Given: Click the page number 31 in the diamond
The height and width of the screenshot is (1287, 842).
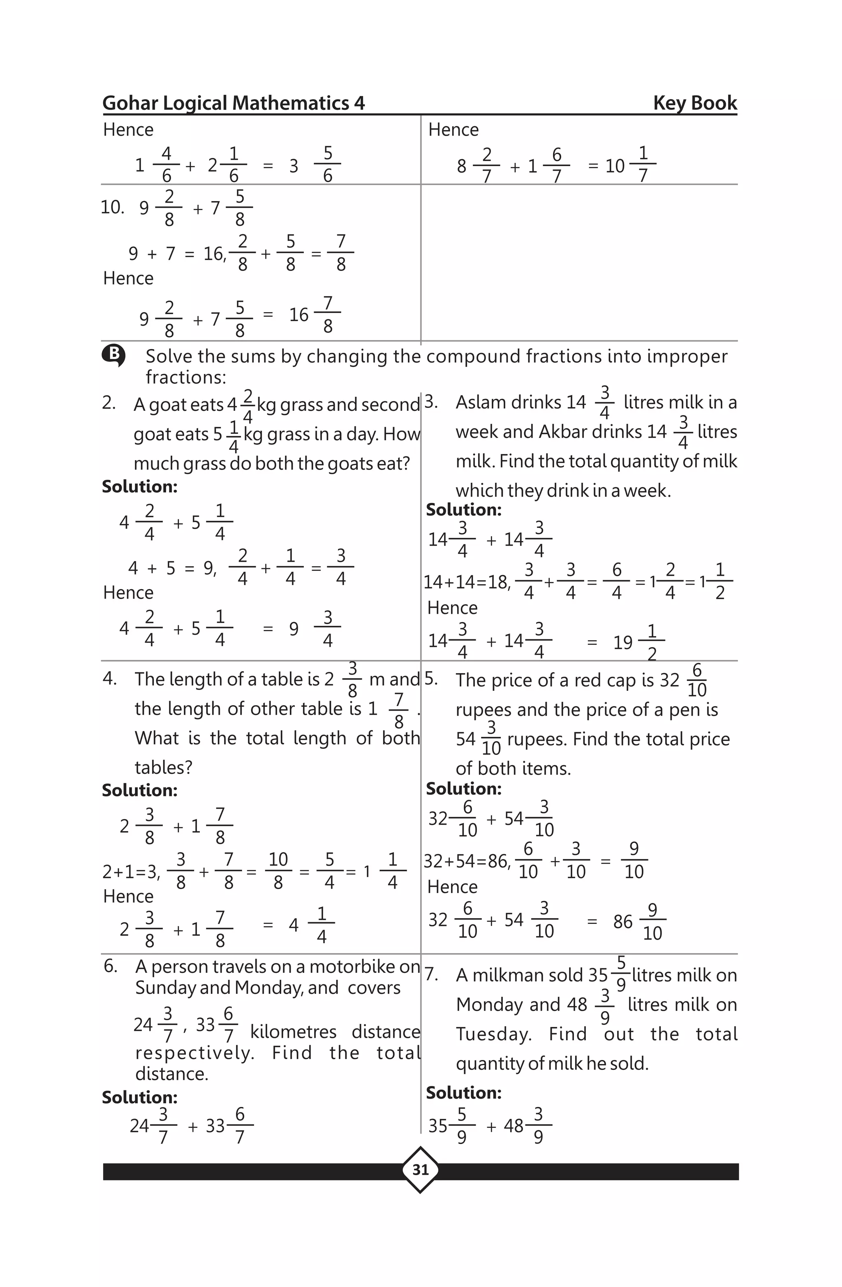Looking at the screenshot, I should coord(420,1170).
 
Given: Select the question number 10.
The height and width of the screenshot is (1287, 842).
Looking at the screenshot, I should coord(112,207).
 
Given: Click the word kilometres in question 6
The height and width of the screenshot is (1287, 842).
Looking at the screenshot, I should coord(293,1032).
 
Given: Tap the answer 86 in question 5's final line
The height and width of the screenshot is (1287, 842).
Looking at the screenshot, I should coord(622,921).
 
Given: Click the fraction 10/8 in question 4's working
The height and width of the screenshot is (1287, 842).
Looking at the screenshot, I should coord(278,870).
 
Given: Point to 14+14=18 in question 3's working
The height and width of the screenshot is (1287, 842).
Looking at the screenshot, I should coord(466,582).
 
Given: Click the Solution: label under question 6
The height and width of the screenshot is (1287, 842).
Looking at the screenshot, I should coord(139,1097).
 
